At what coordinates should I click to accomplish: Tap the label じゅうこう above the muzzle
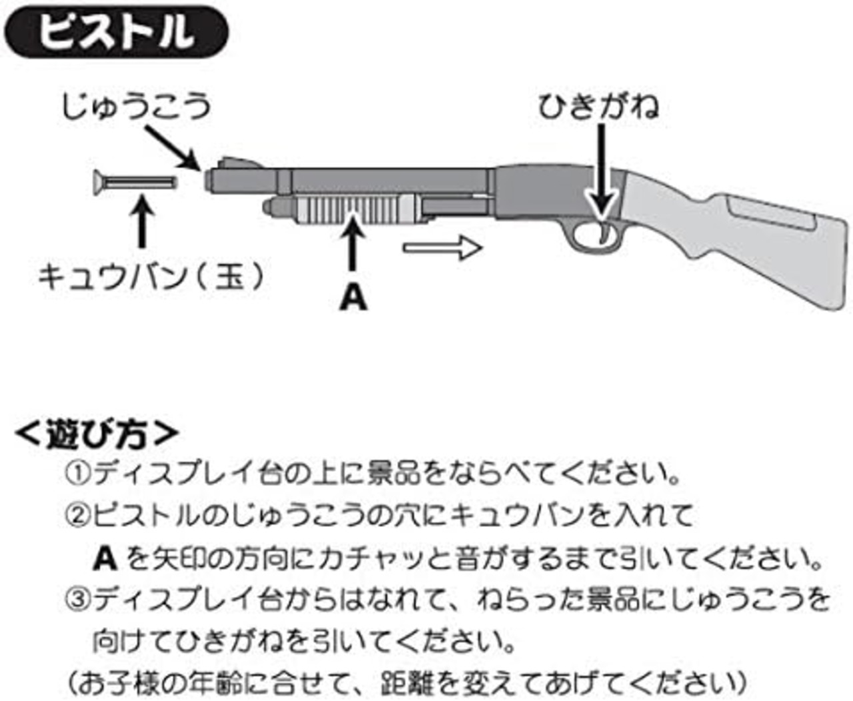pyautogui.click(x=136, y=106)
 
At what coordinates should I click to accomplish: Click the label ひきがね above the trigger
pyautogui.click(x=598, y=107)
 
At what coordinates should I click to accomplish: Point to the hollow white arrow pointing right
pyautogui.click(x=442, y=248)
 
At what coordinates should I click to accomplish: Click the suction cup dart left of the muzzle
pyautogui.click(x=134, y=182)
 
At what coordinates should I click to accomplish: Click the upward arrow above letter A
pyautogui.click(x=353, y=247)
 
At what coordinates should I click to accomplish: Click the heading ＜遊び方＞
pyautogui.click(x=97, y=434)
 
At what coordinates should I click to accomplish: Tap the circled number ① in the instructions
pyautogui.click(x=77, y=474)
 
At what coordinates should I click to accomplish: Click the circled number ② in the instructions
pyautogui.click(x=77, y=514)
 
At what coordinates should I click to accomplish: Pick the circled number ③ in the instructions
pyautogui.click(x=77, y=600)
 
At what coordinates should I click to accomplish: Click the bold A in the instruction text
pyautogui.click(x=105, y=557)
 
